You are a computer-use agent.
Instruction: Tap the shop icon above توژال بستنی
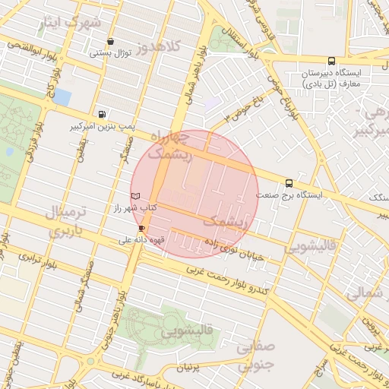[112, 42]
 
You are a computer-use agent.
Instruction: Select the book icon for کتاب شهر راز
[136, 196]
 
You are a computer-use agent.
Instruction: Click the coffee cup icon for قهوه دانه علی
[141, 228]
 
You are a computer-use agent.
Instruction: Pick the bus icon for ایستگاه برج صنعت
[289, 183]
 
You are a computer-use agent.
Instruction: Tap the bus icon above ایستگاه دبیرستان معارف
[330, 62]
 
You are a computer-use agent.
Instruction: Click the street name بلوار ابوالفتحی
[30, 45]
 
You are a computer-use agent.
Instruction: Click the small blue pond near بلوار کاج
[62, 97]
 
